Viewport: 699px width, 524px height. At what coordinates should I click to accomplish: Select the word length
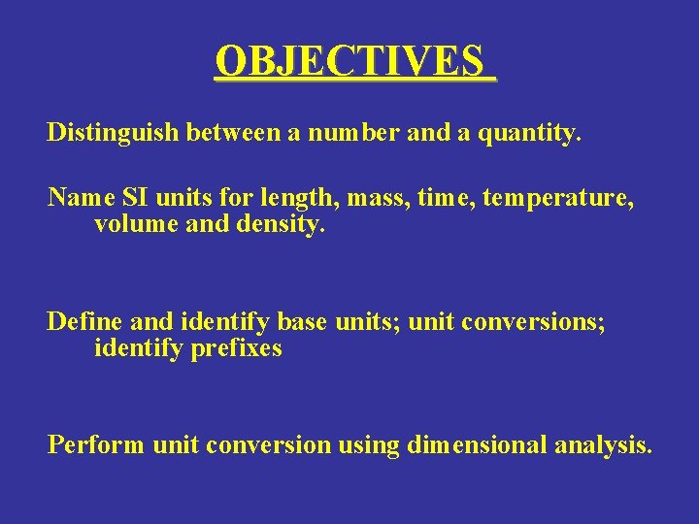point(273,199)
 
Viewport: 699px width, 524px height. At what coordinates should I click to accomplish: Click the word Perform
point(96,445)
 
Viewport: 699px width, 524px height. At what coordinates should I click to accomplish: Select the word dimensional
point(477,445)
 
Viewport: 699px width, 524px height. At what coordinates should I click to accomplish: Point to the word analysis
point(603,445)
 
